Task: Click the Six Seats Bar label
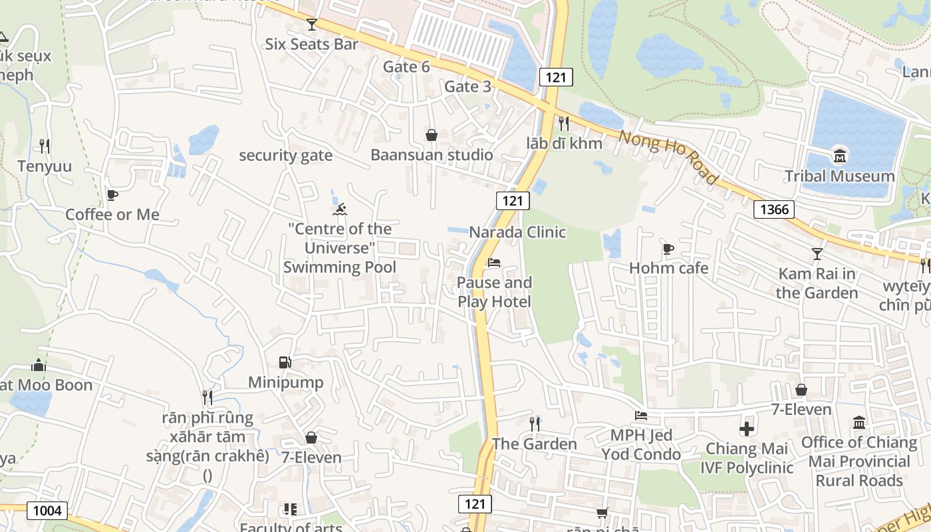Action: tap(312, 45)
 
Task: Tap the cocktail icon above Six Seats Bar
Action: tap(312, 25)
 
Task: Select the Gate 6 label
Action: tap(406, 67)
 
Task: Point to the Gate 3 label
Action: tap(467, 86)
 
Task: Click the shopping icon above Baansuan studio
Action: tap(432, 136)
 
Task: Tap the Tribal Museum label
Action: tap(840, 176)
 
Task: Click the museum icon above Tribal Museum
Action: tap(840, 157)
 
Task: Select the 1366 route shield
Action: tap(775, 209)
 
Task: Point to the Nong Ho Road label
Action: tap(668, 158)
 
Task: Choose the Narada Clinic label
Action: tap(517, 232)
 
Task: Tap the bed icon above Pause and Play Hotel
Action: tap(494, 263)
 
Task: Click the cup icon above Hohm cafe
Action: tap(668, 249)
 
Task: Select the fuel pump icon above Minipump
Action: tap(285, 362)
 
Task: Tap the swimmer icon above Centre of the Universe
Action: tap(340, 210)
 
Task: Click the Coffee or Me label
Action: tap(112, 215)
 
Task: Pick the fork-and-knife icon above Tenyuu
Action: tap(45, 146)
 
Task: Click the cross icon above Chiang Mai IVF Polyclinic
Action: tap(747, 429)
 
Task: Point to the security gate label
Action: tap(286, 156)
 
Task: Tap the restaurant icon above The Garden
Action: tap(535, 424)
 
